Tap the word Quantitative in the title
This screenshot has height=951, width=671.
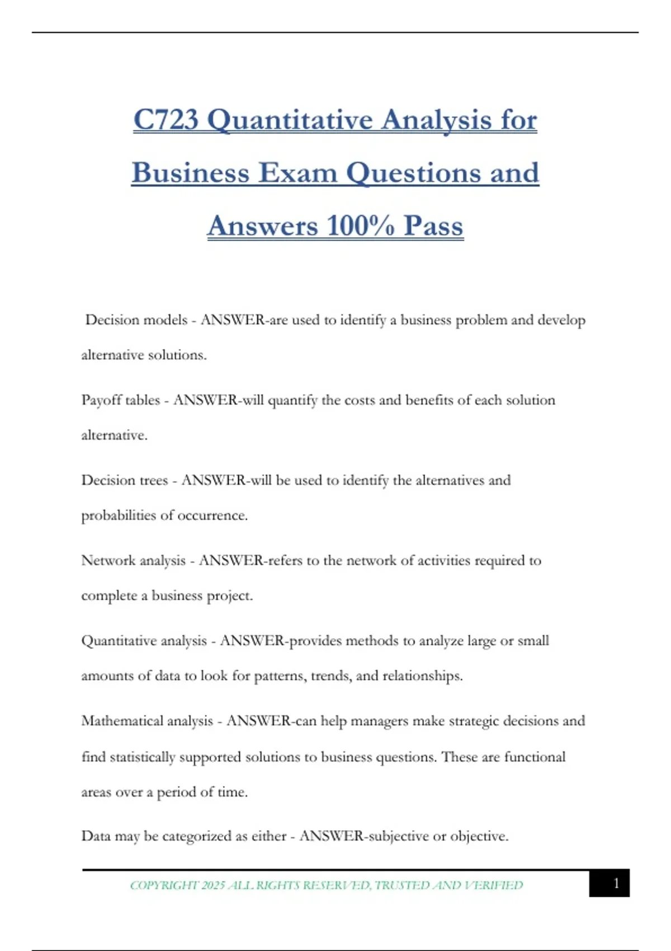[x=290, y=120]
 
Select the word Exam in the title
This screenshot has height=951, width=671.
[x=297, y=173]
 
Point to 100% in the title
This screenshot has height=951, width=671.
[x=361, y=226]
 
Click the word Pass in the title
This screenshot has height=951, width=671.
[x=433, y=226]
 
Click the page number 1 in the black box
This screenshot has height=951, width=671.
[x=616, y=883]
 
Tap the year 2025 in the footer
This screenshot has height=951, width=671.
[x=213, y=886]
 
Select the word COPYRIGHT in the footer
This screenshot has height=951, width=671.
[x=164, y=886]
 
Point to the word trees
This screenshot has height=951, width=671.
[x=153, y=481]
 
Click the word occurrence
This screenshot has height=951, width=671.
[x=212, y=515]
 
